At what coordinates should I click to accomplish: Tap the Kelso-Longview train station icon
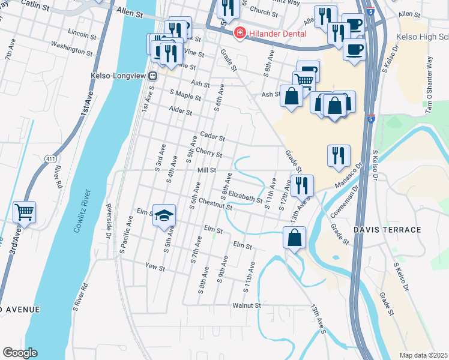153,76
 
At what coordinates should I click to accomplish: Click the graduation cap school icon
163,215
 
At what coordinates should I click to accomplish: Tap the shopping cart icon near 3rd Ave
25,211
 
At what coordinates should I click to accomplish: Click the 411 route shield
50,158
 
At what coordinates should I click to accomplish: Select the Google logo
20,353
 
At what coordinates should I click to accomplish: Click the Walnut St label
247,305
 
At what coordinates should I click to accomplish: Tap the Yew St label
155,265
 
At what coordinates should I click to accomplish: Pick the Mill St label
206,170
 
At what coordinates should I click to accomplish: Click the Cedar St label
212,137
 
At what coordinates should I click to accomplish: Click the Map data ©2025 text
423,355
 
